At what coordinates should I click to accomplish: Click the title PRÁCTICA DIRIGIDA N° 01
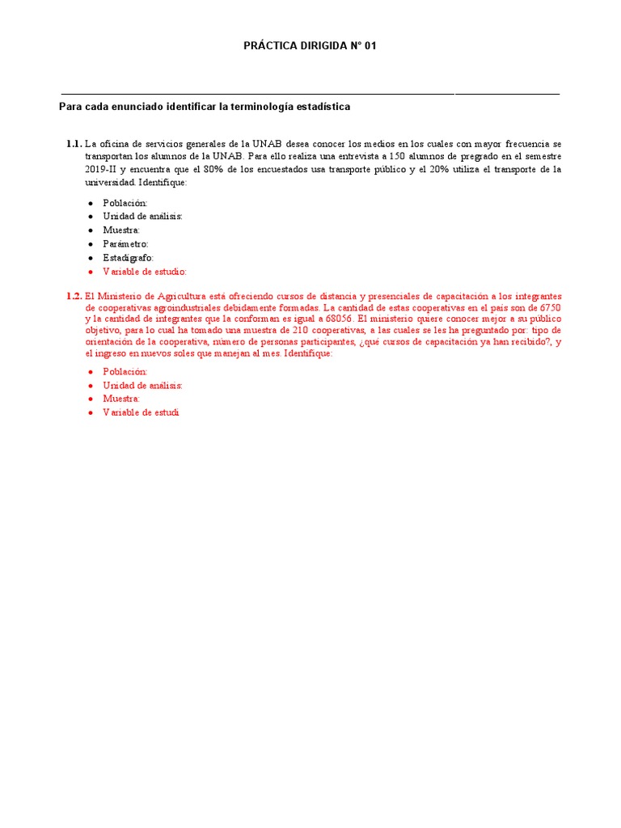tap(310, 46)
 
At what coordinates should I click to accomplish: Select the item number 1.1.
tap(74, 144)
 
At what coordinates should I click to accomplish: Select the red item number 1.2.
tap(74, 296)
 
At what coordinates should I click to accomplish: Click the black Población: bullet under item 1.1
tap(125, 203)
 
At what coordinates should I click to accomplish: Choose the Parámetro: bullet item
tap(125, 243)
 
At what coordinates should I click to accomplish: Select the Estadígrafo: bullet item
tap(128, 257)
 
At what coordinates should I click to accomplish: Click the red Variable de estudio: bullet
tap(144, 271)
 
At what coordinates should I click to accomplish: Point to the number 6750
tap(550, 309)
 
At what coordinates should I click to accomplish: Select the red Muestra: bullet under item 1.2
tap(121, 399)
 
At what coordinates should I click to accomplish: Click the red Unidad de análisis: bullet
tap(142, 385)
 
